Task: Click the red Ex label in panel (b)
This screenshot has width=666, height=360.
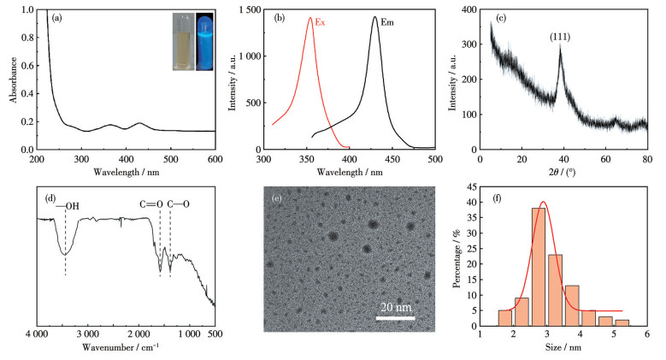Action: pos(321,22)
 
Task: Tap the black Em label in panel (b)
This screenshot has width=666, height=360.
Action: pos(386,22)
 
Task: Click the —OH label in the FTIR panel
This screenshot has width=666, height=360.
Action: pos(67,204)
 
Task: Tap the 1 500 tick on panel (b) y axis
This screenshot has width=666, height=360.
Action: pos(248,10)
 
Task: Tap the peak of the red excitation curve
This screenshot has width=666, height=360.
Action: pos(309,18)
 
